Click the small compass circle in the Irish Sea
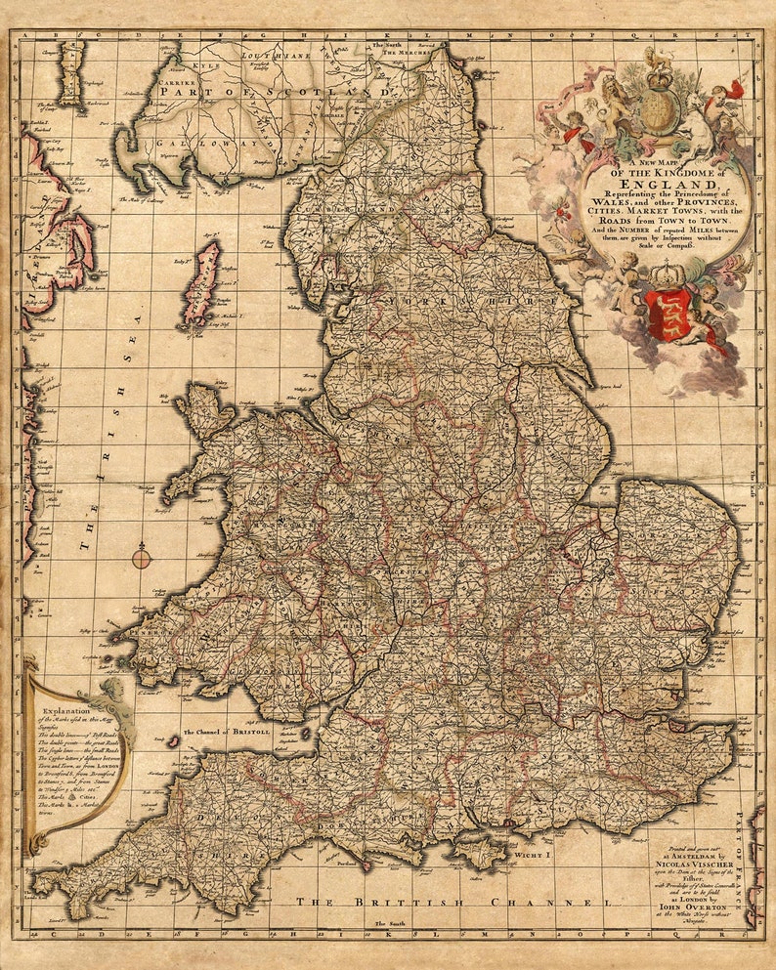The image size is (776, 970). (142, 558)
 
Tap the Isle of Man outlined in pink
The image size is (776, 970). (202, 283)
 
